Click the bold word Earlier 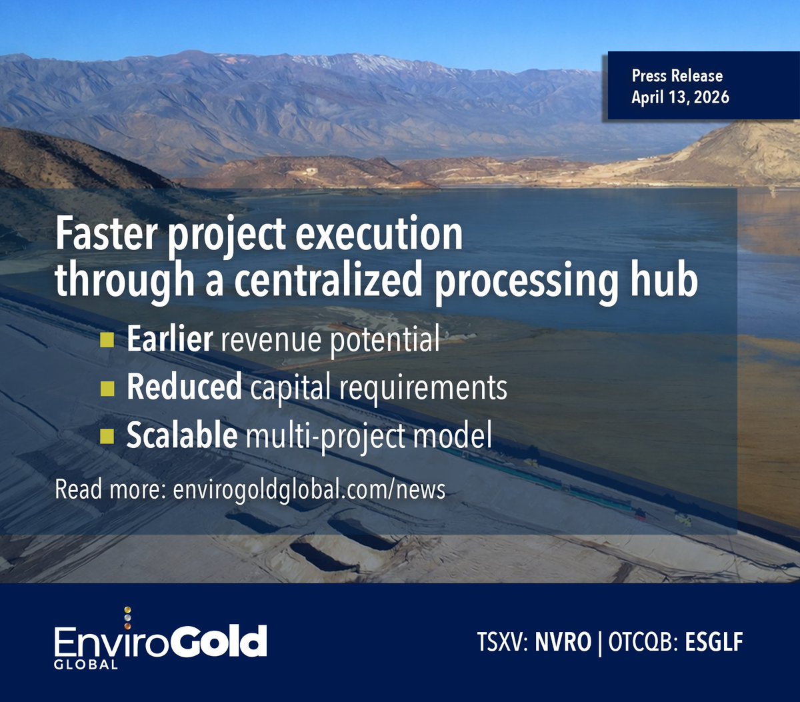(x=169, y=339)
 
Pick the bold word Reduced (x=184, y=387)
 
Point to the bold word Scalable (x=181, y=435)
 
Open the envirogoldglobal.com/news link (x=309, y=490)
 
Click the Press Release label (x=677, y=76)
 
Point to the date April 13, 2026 (x=680, y=97)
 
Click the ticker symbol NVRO (x=563, y=643)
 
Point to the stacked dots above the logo (x=128, y=617)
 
